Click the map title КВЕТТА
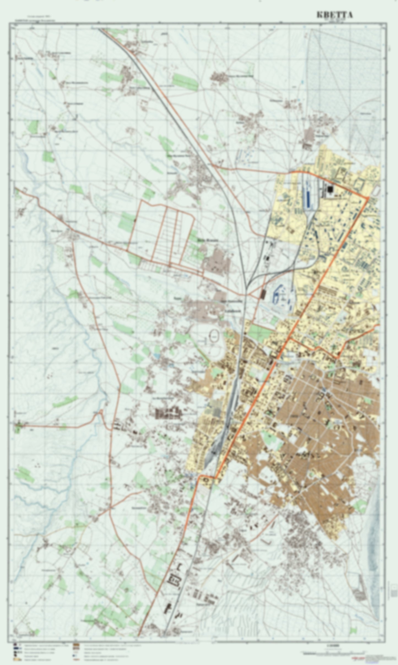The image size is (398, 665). pos(334,15)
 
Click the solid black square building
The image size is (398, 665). pos(330,189)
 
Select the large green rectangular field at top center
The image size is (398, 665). pos(185,81)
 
